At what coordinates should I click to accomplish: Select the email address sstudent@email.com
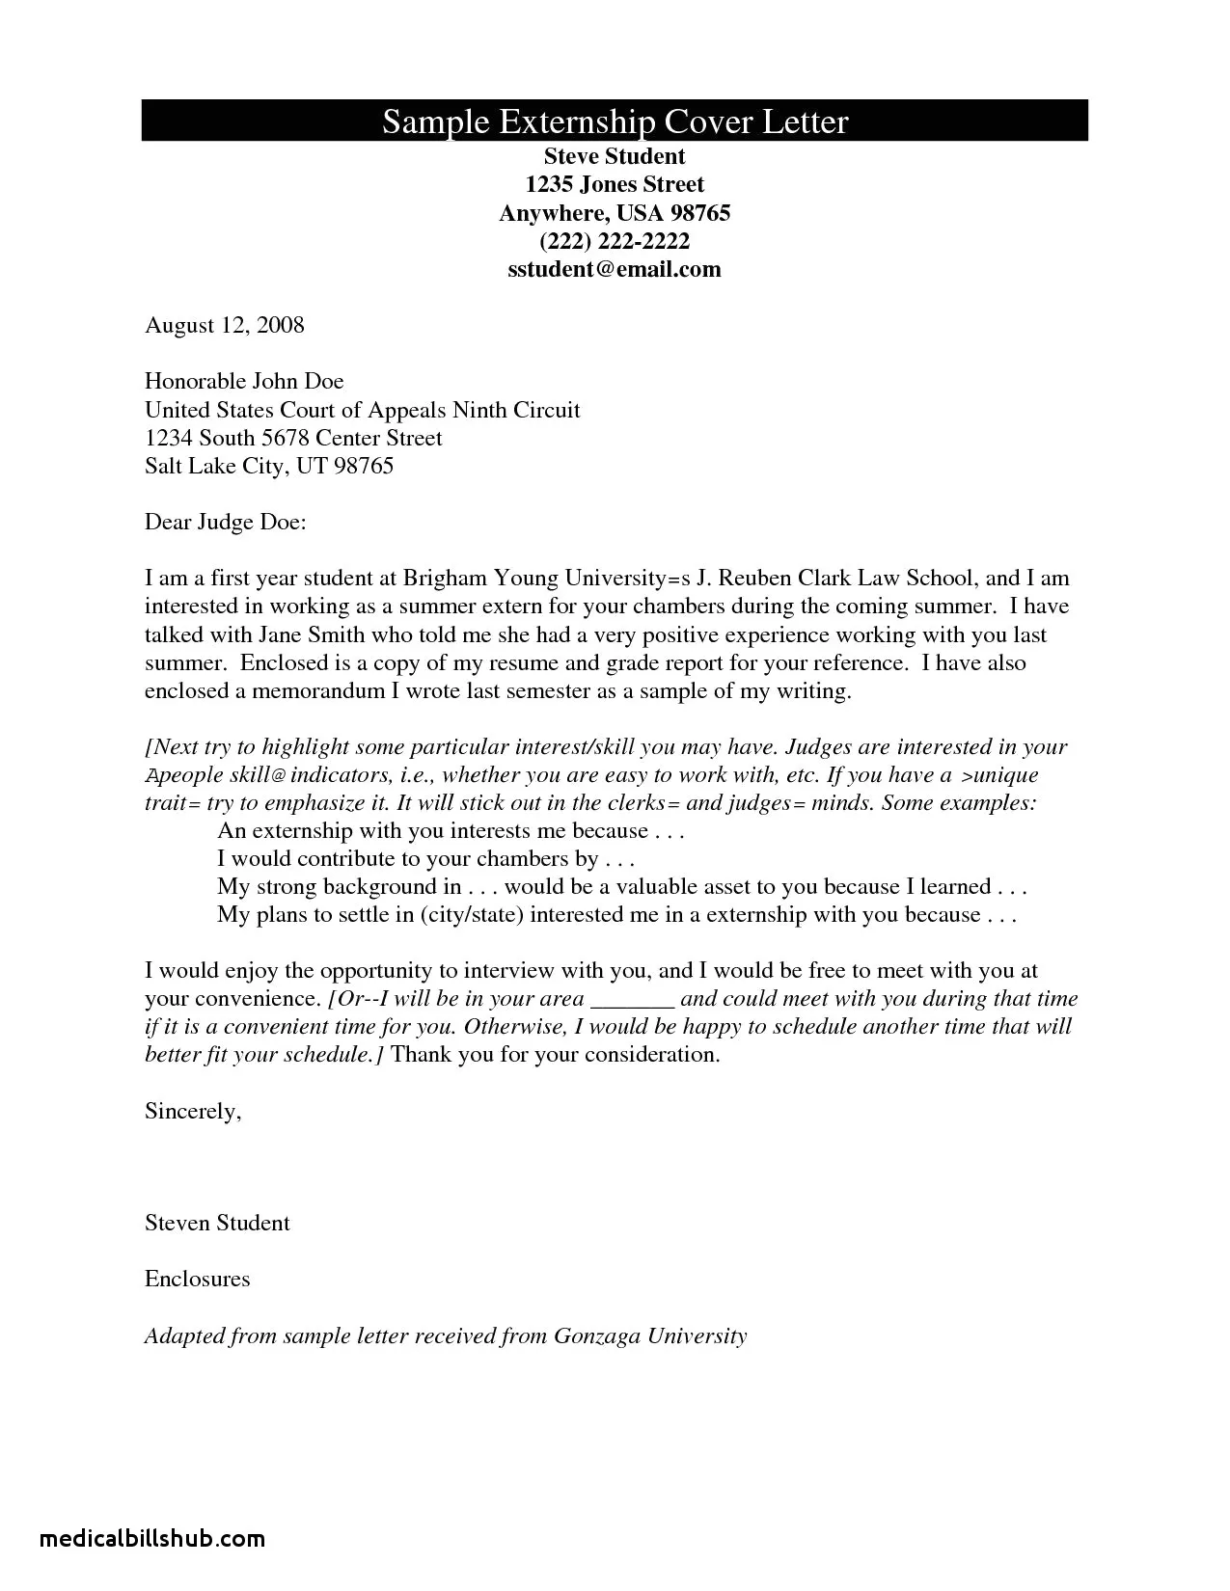tap(615, 269)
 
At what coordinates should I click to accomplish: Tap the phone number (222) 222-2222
tap(615, 241)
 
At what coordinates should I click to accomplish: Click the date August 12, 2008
tap(224, 325)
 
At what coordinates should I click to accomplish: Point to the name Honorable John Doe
tap(244, 381)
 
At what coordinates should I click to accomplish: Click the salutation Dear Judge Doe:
tap(225, 523)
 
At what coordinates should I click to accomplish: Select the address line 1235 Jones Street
tap(615, 184)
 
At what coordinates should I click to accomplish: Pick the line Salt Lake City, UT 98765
tap(269, 467)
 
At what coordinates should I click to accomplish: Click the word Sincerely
tap(191, 1111)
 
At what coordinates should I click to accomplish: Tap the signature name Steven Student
tap(217, 1223)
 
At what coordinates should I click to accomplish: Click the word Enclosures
tap(197, 1280)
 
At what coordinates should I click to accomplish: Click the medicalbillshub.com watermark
tap(152, 1538)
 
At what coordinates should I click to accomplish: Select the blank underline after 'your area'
tap(631, 1000)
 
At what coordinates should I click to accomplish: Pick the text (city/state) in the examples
tap(472, 915)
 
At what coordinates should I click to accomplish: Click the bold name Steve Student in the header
tap(615, 156)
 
